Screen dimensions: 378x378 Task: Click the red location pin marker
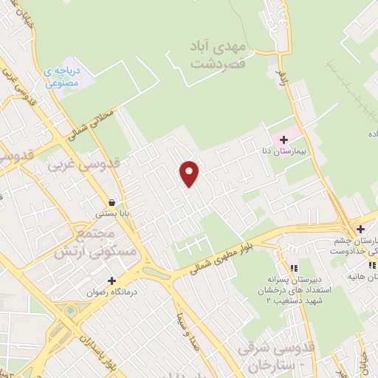click(190, 173)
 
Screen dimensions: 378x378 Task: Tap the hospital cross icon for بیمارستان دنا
click(283, 140)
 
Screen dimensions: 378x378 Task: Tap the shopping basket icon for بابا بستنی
click(111, 202)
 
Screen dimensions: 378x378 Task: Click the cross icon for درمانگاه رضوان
click(111, 281)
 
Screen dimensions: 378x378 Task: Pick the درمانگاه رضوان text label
click(111, 292)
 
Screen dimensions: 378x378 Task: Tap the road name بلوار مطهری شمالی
click(217, 260)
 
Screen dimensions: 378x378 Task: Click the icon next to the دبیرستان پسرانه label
click(294, 269)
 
